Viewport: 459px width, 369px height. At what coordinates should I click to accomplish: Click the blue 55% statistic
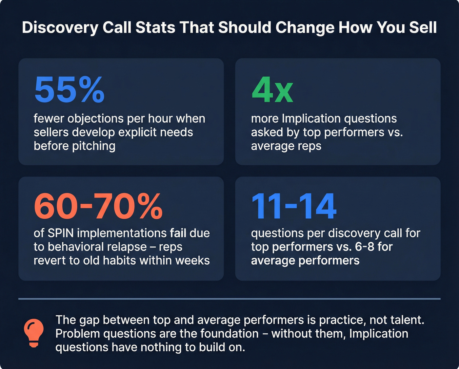pyautogui.click(x=69, y=89)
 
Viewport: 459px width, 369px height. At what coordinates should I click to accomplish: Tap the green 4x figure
pyautogui.click(x=272, y=89)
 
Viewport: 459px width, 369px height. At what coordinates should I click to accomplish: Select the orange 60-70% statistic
pyautogui.click(x=98, y=207)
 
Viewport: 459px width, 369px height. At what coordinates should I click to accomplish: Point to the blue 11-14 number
pyautogui.click(x=294, y=207)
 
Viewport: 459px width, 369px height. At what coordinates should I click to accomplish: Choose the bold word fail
pyautogui.click(x=178, y=233)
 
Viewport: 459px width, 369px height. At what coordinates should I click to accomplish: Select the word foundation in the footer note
pyautogui.click(x=229, y=334)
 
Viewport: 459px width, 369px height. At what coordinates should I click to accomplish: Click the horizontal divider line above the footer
pyautogui.click(x=229, y=299)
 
